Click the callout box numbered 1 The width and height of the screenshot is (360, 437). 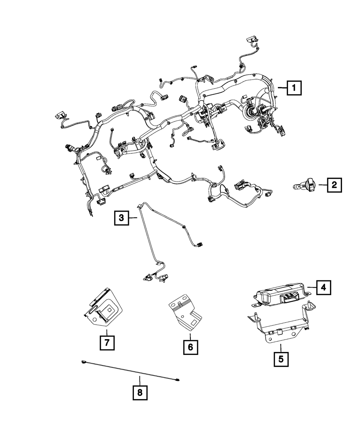tap(294, 88)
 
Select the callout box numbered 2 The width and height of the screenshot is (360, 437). tap(334, 185)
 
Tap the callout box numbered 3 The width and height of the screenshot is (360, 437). tap(121, 218)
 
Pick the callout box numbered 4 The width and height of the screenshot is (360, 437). tap(324, 288)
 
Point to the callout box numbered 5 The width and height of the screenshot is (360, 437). tap(281, 359)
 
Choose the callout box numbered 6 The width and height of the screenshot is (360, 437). tap(190, 347)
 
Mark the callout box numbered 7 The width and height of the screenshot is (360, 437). tap(107, 343)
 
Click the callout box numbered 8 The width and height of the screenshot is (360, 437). tap(140, 393)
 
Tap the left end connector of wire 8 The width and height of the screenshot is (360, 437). tap(83, 362)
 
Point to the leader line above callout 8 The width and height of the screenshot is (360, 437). tap(140, 381)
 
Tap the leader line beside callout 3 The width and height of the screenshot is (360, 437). tap(133, 218)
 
